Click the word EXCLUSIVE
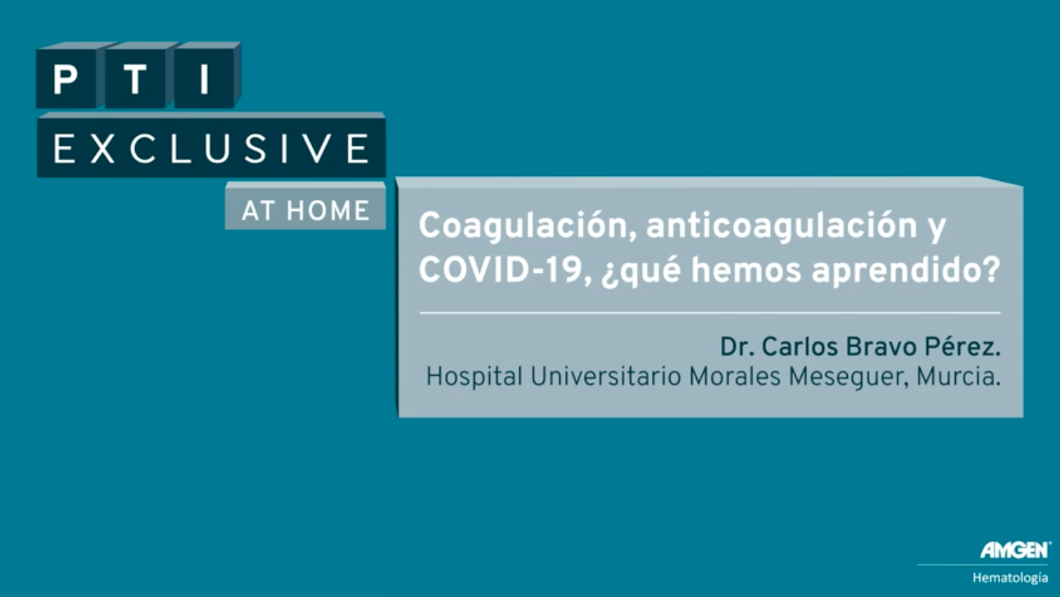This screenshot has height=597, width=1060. coord(211,148)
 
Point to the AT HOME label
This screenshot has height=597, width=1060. coord(306,210)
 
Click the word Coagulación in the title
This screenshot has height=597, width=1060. coord(528,227)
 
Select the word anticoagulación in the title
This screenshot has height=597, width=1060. coord(781,227)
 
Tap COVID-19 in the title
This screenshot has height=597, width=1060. coord(505,270)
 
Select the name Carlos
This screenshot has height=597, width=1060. coord(800,346)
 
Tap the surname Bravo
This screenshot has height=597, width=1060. coord(881,346)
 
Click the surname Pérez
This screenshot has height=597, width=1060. coord(962,346)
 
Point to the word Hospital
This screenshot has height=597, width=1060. coord(474,377)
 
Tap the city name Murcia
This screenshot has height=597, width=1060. coord(957,377)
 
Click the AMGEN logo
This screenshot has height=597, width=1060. coord(1015,550)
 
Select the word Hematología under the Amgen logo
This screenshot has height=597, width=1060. coord(1010,578)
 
